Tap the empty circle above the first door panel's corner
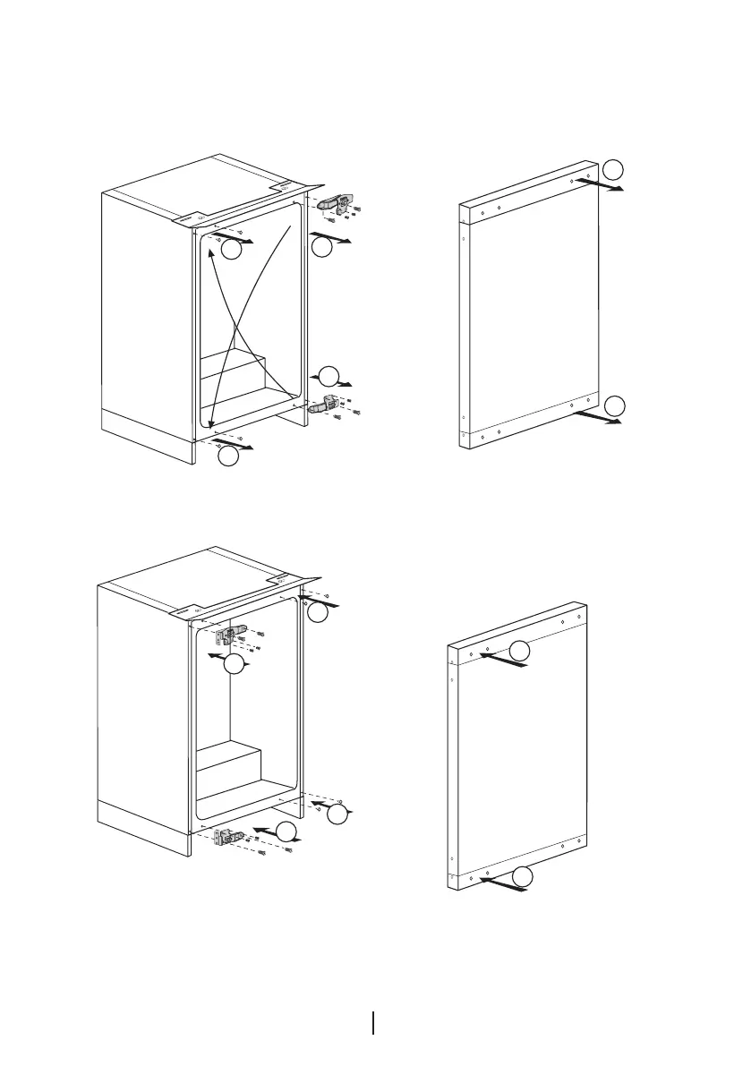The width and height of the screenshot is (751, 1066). coord(611,169)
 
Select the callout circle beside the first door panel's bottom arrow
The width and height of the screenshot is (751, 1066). coord(613,405)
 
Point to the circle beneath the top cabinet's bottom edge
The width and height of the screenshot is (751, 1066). coord(228,456)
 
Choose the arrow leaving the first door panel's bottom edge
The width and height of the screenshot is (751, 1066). coord(598,419)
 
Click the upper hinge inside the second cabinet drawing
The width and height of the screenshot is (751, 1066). coord(228,635)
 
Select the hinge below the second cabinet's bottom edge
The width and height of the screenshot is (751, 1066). coord(227,837)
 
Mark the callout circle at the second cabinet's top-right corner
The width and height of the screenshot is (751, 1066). coord(318,613)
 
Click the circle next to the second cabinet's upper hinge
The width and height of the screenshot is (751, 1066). coord(234,665)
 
